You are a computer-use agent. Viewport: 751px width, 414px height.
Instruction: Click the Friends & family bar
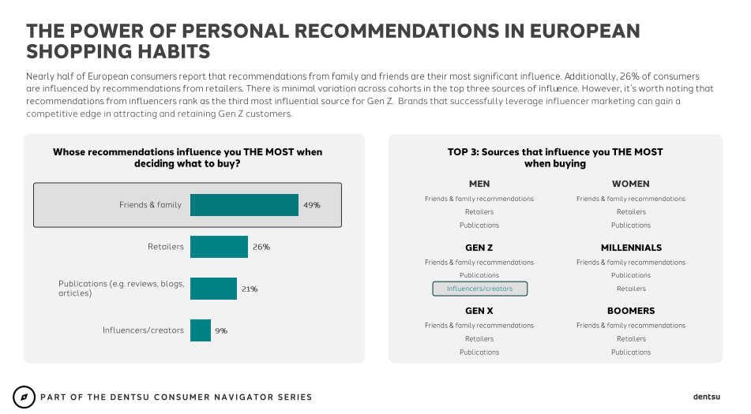click(x=244, y=205)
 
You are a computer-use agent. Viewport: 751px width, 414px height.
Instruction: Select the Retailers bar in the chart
click(x=219, y=247)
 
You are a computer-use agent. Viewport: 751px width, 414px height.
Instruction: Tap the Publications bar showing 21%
click(x=213, y=289)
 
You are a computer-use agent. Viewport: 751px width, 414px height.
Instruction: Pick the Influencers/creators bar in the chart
click(x=201, y=330)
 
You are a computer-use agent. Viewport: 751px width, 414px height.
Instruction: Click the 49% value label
click(x=311, y=205)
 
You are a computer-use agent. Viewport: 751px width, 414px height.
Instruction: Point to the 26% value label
click(x=261, y=247)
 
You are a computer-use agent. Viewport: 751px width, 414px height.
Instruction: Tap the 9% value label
click(x=220, y=330)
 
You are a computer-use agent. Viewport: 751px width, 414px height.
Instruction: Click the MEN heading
click(x=479, y=184)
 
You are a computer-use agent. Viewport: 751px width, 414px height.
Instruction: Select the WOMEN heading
click(x=631, y=184)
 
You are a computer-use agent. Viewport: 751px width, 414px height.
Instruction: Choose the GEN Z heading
click(x=479, y=248)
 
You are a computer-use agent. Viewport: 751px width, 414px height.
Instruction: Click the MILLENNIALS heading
click(x=631, y=248)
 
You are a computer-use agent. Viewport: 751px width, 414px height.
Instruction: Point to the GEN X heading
click(x=479, y=311)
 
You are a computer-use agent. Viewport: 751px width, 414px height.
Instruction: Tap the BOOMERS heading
click(x=631, y=311)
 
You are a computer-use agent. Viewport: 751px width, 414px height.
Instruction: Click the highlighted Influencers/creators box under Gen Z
click(x=479, y=289)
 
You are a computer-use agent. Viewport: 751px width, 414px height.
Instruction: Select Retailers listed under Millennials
click(x=631, y=289)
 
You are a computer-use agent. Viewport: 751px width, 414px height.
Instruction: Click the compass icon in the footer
click(x=24, y=397)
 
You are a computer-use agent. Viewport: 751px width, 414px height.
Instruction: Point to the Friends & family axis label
click(x=150, y=205)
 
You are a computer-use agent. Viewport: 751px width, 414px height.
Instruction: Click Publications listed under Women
click(x=631, y=226)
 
